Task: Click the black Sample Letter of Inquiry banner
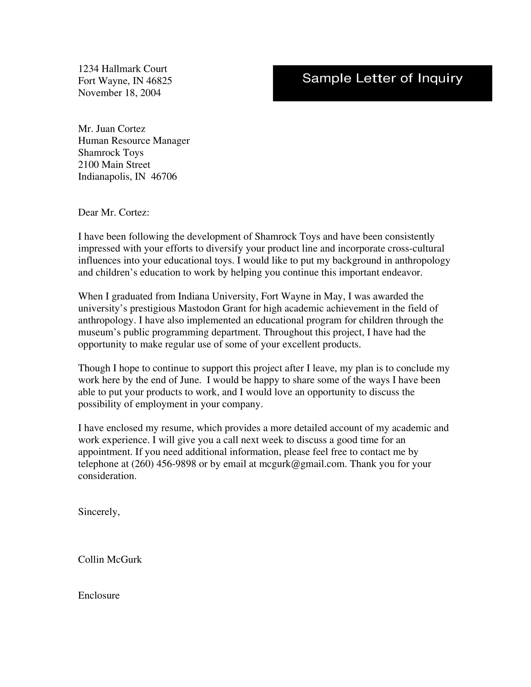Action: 382,83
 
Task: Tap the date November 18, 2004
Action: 119,93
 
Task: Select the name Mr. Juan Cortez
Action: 112,129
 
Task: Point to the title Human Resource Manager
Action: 134,141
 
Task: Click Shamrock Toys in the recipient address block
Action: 111,153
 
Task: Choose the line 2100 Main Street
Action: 114,165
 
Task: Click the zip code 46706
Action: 164,176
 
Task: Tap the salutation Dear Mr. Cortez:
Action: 113,213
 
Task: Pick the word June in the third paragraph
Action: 190,380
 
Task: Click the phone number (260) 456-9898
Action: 163,464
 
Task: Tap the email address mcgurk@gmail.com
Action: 302,464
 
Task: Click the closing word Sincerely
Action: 98,512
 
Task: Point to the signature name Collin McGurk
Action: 110,560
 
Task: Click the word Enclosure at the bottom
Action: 99,596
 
